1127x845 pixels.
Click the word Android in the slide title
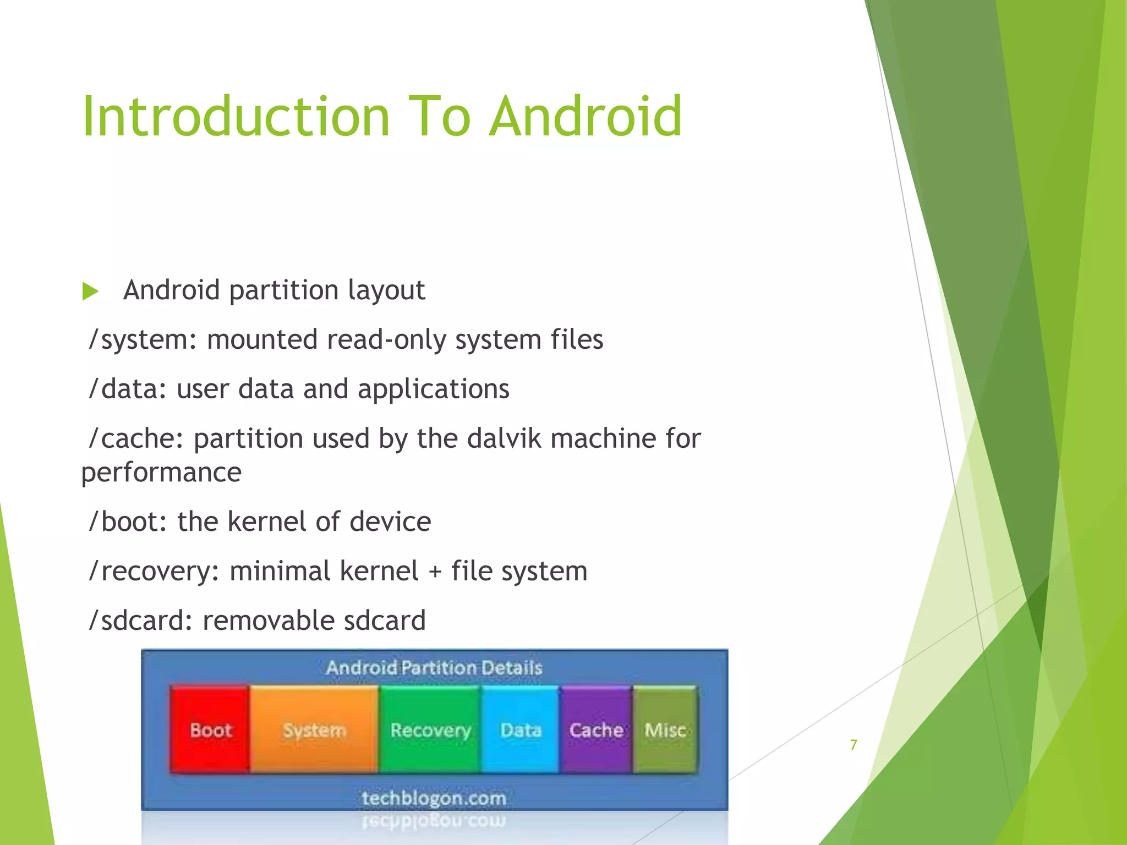tap(586, 117)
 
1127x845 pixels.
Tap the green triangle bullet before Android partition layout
tap(90, 291)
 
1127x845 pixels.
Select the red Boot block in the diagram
tap(210, 730)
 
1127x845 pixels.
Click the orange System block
tap(314, 730)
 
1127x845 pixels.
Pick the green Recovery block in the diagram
tap(430, 730)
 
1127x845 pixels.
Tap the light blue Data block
tap(521, 730)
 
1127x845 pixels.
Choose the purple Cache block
tap(596, 730)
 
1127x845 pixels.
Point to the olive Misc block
tap(665, 730)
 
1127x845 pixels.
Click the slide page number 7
tap(854, 745)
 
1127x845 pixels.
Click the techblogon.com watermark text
tap(434, 798)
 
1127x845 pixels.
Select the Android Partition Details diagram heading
tap(434, 668)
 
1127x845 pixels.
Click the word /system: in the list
tap(143, 340)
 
